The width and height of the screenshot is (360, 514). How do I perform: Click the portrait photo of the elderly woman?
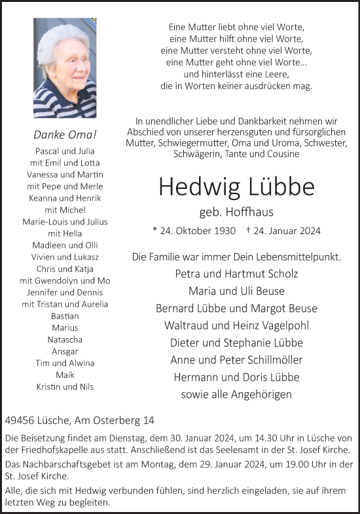click(x=65, y=67)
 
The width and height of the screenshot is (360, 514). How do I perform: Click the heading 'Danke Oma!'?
click(x=65, y=135)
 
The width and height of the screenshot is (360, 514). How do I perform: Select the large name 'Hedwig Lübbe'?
click(x=236, y=187)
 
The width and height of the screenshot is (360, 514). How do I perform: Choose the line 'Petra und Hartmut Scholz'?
click(x=236, y=273)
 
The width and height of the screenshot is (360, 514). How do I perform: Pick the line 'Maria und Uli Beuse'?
click(x=236, y=290)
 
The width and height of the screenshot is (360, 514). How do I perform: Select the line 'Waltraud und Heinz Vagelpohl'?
click(x=236, y=325)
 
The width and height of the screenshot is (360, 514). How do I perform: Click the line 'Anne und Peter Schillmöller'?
click(x=236, y=360)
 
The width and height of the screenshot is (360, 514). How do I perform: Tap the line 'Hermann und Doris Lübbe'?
click(x=236, y=377)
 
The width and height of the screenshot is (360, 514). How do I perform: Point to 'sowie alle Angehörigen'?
click(x=236, y=394)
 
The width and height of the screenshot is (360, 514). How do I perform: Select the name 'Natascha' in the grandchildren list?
click(x=65, y=339)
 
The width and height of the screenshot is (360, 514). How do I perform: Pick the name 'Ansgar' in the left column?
click(x=65, y=351)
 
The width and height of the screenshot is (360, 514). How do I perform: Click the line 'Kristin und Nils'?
click(x=65, y=386)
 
